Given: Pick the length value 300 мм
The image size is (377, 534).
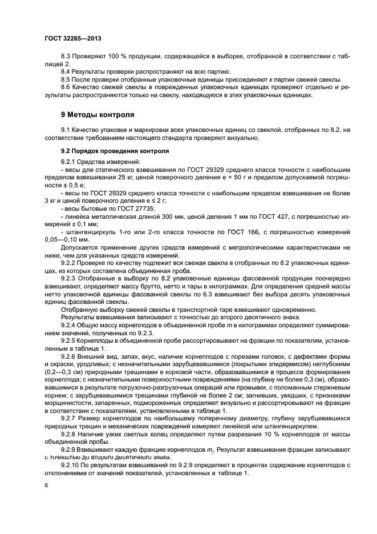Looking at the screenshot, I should [157, 218].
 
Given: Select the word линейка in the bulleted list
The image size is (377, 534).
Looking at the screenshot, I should [78, 218].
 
